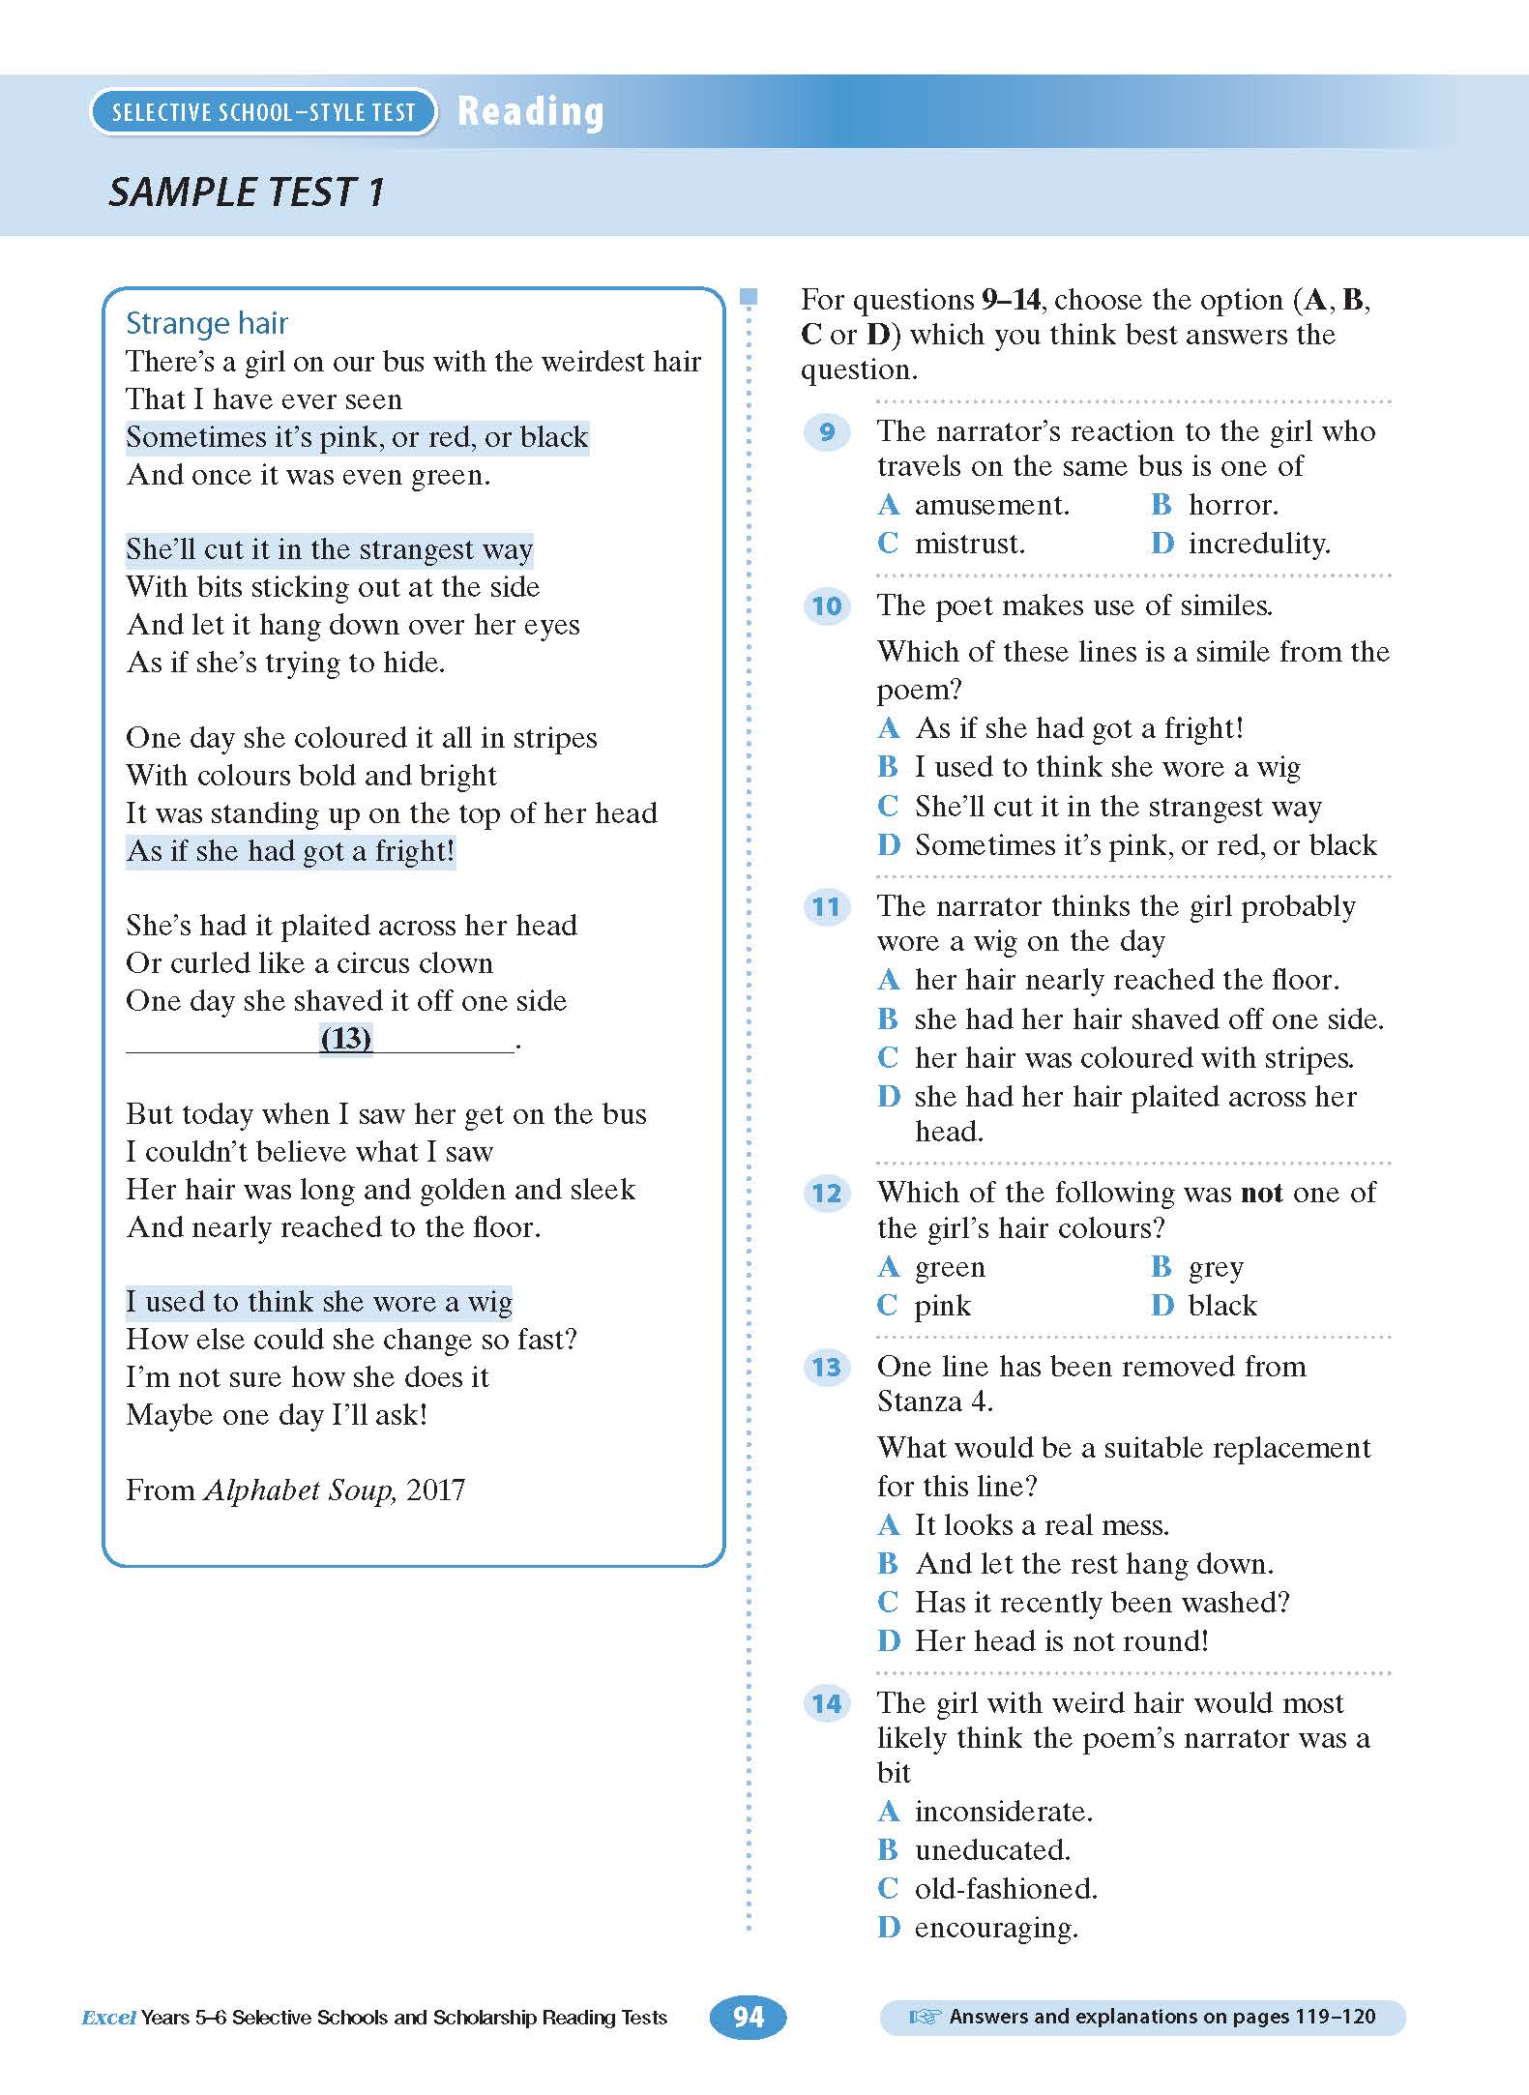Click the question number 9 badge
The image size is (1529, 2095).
tap(827, 431)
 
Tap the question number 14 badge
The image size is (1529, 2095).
tap(827, 1703)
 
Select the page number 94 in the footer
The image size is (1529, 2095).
tap(748, 2017)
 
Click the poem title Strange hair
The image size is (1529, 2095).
tap(207, 323)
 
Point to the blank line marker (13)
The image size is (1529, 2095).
tap(345, 1039)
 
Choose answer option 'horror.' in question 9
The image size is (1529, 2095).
tap(1232, 505)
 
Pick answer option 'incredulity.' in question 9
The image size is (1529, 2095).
tap(1258, 544)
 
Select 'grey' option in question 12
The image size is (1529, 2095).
tap(1215, 1267)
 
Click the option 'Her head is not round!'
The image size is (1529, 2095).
tap(1061, 1641)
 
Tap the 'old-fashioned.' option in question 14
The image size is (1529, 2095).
tap(1006, 1889)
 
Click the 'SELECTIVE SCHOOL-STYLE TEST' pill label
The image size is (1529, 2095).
tap(263, 112)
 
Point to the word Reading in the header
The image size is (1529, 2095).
tap(531, 112)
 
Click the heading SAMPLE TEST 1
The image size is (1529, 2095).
tap(247, 192)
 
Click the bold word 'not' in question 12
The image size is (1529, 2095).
tap(1261, 1194)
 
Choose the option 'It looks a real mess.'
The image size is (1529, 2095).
tap(1042, 1525)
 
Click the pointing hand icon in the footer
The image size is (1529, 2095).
tap(925, 2017)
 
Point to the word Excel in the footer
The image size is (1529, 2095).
tap(108, 2018)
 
